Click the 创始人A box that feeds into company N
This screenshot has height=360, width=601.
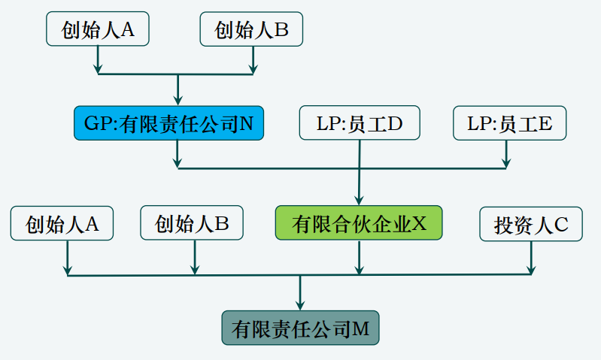[x=97, y=29]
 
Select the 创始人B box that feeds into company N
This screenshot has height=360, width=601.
[x=251, y=29]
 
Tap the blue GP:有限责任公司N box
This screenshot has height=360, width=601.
[x=168, y=123]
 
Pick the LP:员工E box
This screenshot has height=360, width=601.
[x=509, y=123]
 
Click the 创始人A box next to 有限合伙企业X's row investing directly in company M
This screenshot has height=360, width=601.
[x=62, y=223]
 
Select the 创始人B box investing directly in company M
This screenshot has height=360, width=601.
[x=192, y=223]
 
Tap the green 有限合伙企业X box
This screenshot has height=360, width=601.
[x=359, y=223]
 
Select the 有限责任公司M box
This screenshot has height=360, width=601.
[x=300, y=328]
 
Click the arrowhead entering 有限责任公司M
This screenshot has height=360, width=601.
[x=300, y=304]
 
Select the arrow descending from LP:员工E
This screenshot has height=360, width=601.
[x=506, y=153]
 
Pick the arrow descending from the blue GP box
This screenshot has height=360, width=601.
[x=178, y=153]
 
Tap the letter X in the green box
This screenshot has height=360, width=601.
[x=419, y=224]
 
